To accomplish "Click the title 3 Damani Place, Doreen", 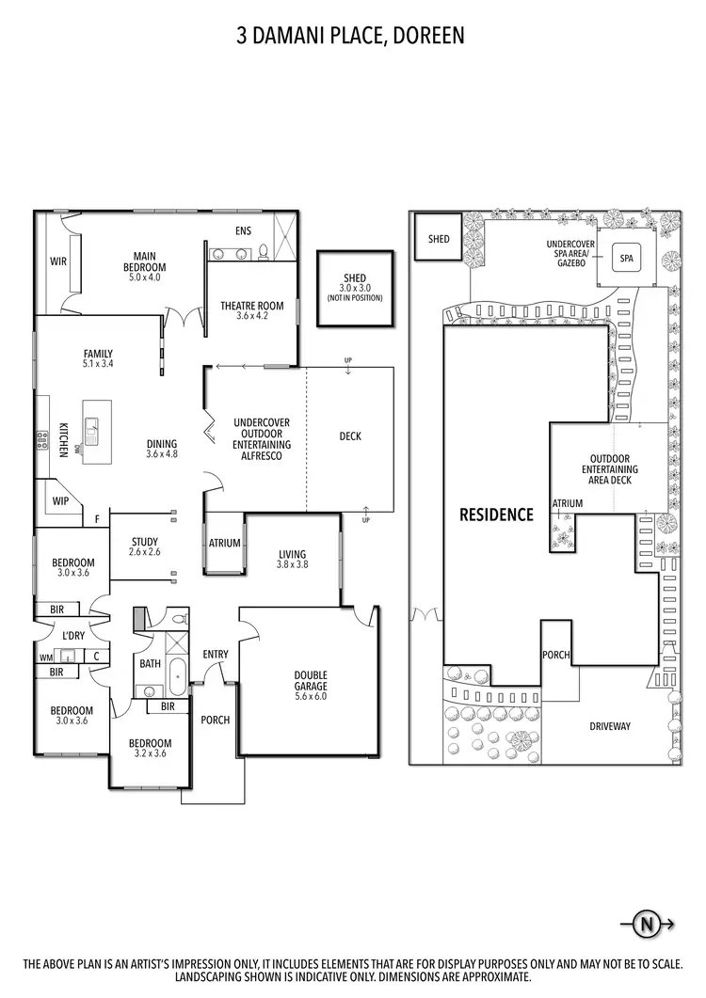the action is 352,37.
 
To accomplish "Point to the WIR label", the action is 58,261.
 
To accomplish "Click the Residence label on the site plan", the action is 496,515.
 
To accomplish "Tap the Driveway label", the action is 609,726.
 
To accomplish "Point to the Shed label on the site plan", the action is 439,239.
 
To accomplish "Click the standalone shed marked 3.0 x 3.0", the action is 354,288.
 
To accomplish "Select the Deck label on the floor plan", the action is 349,436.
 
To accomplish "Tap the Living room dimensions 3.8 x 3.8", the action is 293,564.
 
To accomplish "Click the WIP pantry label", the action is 61,500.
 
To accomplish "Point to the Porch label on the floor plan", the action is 216,721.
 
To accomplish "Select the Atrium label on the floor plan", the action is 225,544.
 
